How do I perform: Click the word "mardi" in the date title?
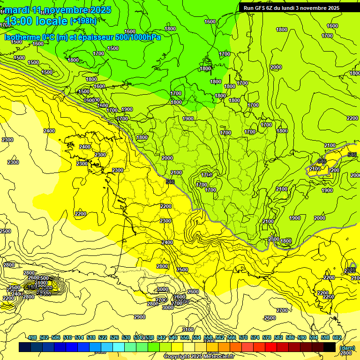[x=17, y=10]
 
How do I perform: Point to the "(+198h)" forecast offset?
[x=83, y=21]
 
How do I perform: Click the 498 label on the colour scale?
[x=32, y=337]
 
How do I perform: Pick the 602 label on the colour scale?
[x=337, y=337]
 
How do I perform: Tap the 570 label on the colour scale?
[x=243, y=337]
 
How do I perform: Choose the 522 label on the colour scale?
[x=103, y=337]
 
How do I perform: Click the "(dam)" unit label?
[x=347, y=347]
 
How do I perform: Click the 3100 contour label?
[x=188, y=330]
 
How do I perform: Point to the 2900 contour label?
[x=140, y=317]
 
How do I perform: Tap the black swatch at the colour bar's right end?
[x=330, y=347]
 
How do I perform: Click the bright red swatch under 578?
[x=271, y=347]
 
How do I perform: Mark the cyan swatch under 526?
[x=119, y=347]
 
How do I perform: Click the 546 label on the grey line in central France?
[x=170, y=181]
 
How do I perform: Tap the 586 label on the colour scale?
[x=290, y=337]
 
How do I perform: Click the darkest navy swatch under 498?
[x=25, y=347]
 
